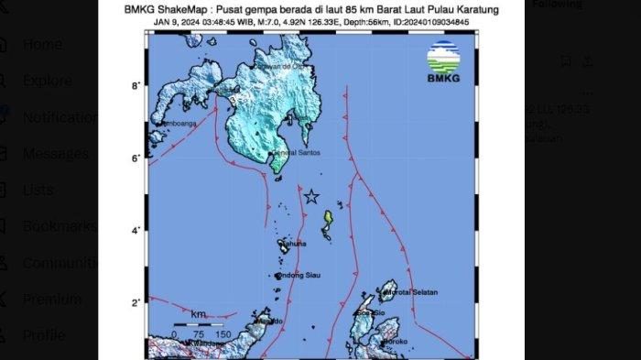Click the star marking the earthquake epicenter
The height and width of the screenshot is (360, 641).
tap(311, 196)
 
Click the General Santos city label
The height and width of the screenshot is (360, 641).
tap(298, 152)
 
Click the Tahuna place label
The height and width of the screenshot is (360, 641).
tap(293, 243)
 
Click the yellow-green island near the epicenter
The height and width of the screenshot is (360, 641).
tap(327, 220)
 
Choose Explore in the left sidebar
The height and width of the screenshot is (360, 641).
tap(47, 81)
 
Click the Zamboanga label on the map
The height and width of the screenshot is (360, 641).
tap(172, 123)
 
